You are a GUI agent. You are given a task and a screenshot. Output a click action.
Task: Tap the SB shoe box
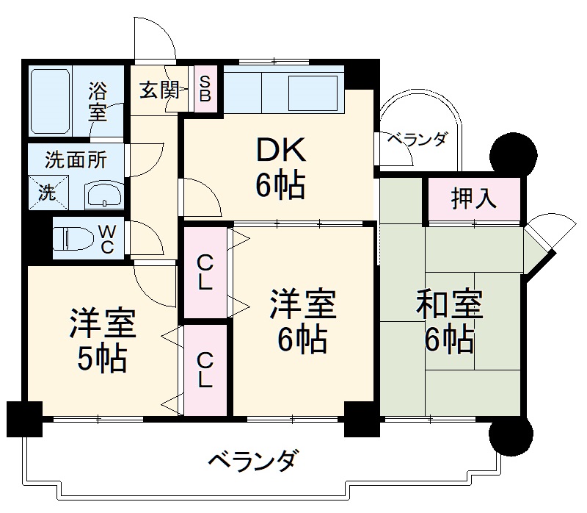(205, 90)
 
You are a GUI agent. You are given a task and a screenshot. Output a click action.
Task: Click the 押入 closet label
(474, 198)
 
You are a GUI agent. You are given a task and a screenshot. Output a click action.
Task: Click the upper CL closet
(206, 273)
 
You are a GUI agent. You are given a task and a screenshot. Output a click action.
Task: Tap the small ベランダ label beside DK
(416, 140)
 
